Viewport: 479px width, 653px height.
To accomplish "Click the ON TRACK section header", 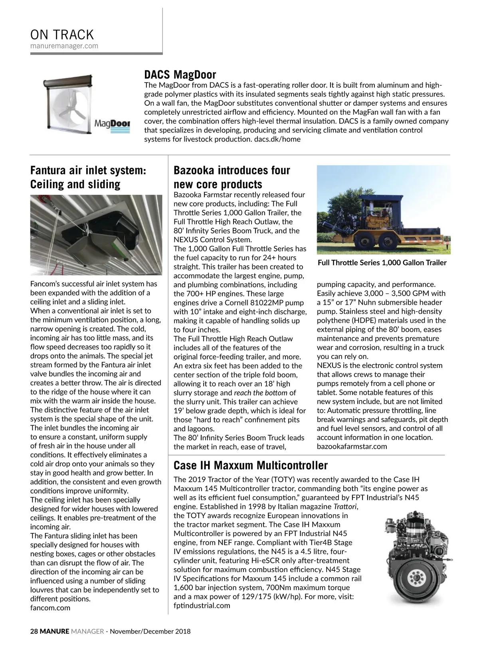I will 62,34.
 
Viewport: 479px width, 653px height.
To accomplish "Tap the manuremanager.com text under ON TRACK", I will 64,46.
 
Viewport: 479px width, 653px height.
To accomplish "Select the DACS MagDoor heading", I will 180,75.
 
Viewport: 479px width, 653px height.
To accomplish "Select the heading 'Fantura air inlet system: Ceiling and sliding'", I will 88,177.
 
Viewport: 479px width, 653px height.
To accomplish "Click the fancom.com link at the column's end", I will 50,608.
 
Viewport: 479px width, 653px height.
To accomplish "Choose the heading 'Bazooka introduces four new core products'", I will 232,177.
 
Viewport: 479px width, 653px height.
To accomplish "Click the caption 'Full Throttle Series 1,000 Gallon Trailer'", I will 382,262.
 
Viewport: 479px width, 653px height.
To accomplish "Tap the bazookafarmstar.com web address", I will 352,446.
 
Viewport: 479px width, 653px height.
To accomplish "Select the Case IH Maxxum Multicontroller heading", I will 250,466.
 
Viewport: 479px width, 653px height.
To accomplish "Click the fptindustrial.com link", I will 202,606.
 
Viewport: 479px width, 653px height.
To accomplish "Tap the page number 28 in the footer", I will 34,631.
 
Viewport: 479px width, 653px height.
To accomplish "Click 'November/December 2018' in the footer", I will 150,631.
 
